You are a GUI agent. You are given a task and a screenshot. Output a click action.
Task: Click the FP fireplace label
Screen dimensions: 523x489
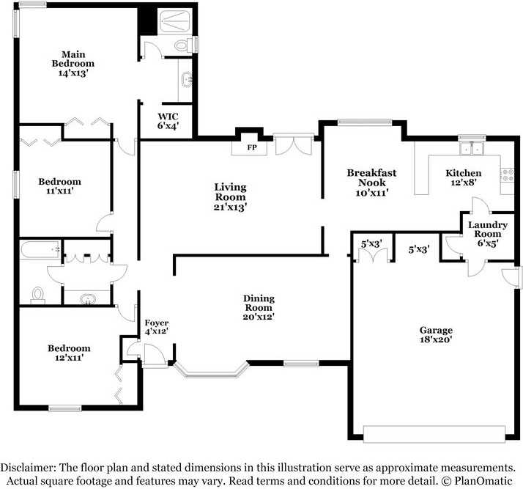[x=252, y=147]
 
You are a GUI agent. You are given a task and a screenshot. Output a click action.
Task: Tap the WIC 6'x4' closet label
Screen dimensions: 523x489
[x=168, y=121]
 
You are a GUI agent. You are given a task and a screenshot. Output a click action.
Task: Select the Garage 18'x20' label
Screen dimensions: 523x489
[x=436, y=335]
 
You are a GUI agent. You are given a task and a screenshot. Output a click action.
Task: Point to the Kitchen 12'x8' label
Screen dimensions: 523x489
[x=463, y=177]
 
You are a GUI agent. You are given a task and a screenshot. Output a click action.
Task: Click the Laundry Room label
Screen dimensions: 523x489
[x=488, y=229]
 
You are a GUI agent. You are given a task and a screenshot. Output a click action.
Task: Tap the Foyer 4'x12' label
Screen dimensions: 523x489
[x=157, y=327]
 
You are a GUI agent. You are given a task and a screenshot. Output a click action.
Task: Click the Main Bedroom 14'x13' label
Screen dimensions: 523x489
[x=73, y=64]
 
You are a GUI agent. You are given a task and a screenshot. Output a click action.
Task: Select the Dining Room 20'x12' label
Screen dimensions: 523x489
[x=259, y=307]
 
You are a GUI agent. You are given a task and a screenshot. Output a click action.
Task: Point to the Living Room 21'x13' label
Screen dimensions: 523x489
[x=230, y=197]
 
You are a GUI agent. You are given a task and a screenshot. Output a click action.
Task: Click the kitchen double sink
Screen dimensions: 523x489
[x=471, y=148]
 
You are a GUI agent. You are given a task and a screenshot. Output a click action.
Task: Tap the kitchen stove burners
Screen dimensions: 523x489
[x=508, y=175]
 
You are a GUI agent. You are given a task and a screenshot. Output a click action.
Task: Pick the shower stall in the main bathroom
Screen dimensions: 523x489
[x=174, y=22]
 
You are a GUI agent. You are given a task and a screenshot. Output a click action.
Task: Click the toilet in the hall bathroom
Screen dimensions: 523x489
[x=37, y=295]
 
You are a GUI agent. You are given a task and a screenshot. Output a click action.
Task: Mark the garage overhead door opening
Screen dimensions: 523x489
[x=434, y=434]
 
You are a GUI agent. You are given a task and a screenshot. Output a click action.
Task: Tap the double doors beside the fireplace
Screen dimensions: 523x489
[x=294, y=144]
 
